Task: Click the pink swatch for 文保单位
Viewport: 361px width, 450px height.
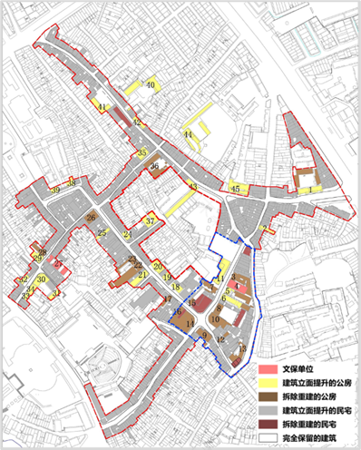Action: (x=267, y=369)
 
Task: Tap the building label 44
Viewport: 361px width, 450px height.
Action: (x=188, y=135)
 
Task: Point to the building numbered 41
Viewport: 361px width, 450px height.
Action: (x=103, y=108)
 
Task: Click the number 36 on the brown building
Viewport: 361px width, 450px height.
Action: (x=154, y=167)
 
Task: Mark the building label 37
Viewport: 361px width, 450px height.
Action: (x=151, y=220)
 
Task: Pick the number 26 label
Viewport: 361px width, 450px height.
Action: (x=91, y=218)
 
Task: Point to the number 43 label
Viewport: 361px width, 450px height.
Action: (x=192, y=187)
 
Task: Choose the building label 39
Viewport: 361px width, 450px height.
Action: (x=55, y=191)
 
